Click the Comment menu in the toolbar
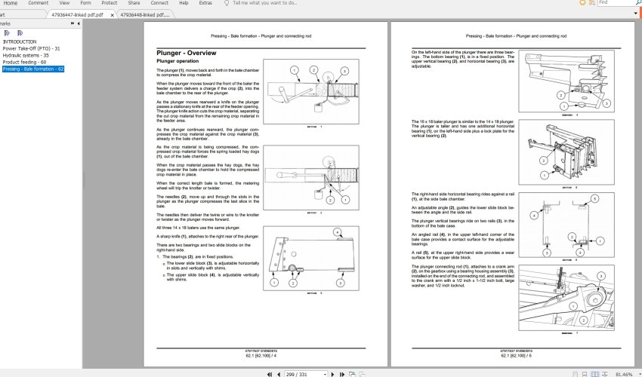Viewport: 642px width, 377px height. tap(39, 3)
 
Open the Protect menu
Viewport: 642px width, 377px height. tap(109, 3)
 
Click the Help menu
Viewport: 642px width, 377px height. tap(184, 3)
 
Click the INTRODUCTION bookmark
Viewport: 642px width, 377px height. tap(19, 42)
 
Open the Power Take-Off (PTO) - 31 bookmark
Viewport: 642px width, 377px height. tap(31, 49)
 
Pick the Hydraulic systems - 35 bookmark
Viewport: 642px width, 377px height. tap(26, 56)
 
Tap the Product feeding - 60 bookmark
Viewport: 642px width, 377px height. tap(24, 63)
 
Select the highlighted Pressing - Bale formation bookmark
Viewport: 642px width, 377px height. tap(32, 69)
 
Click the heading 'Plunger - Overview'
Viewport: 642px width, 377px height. tap(186, 54)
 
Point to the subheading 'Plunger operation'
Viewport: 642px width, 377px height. tap(177, 61)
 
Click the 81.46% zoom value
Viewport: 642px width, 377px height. tap(624, 373)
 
